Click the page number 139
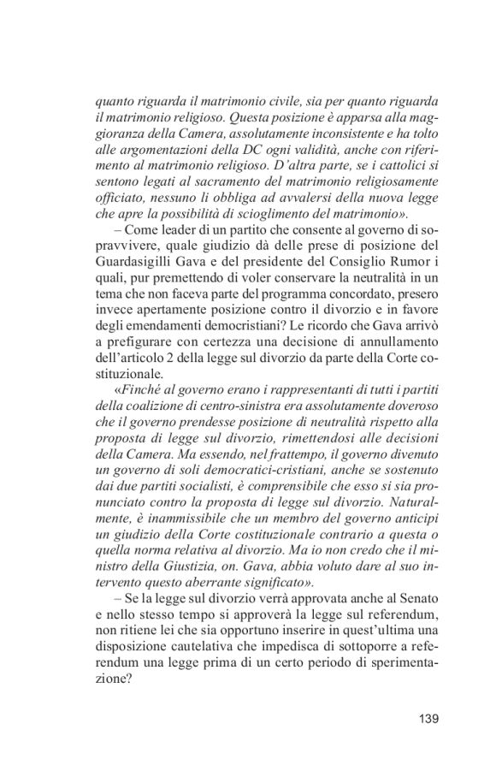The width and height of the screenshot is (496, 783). pos(424,718)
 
